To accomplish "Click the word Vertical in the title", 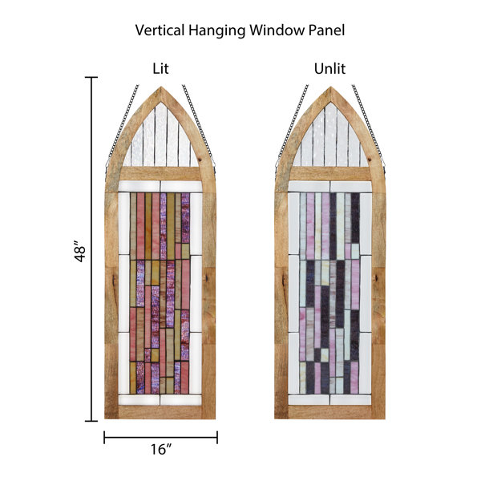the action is (160, 30).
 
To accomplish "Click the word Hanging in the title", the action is (216, 30).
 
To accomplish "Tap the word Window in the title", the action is (277, 30).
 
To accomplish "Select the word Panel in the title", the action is (326, 30).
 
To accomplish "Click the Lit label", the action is (160, 68).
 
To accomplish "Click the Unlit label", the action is (329, 68).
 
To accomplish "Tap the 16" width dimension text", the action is (161, 450).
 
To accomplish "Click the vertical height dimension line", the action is (91, 249).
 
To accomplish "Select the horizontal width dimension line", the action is (161, 438).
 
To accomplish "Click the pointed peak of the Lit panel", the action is (161, 87).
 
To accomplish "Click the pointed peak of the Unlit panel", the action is (330, 87).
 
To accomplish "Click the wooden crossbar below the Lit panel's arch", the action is (160, 173).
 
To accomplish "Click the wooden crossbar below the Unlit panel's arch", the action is (330, 173).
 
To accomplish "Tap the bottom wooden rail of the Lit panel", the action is (160, 412).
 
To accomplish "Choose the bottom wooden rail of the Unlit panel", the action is (329, 412).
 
